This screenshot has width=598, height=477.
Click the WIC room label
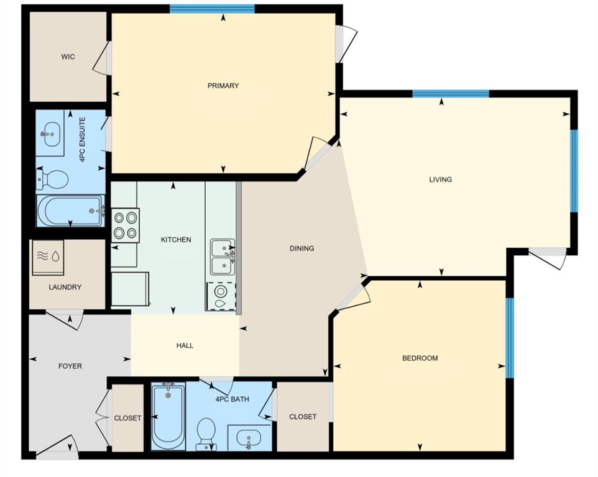point(68,57)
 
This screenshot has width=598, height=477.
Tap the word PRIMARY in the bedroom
point(223,86)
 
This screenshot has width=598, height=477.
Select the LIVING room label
point(440,179)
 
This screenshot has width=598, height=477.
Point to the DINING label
point(301,248)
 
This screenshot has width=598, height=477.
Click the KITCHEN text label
point(176,240)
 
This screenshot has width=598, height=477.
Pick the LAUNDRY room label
point(65,288)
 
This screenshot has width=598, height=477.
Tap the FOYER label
point(70,366)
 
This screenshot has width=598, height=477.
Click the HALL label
point(185,345)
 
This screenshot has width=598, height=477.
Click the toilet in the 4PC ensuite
point(53,180)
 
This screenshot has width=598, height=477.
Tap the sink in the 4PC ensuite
point(50,132)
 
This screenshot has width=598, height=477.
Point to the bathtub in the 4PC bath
point(168,415)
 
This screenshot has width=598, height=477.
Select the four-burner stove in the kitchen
point(125,225)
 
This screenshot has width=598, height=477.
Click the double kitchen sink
point(222,257)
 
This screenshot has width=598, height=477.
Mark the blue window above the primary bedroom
point(213,9)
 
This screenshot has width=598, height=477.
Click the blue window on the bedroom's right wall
point(510,338)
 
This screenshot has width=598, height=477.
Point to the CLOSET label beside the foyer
point(127,418)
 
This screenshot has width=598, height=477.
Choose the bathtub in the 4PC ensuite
point(70,211)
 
